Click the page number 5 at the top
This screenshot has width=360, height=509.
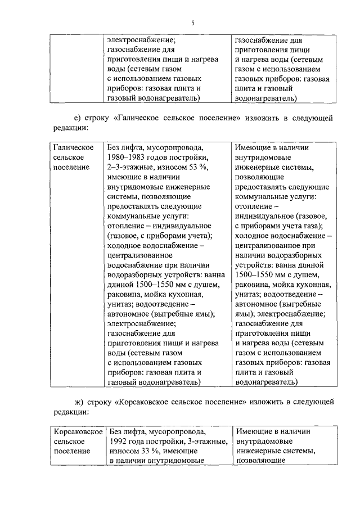coord(192,23)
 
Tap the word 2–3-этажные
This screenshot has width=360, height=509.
coord(129,167)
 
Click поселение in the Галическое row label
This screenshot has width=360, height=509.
coord(71,167)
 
